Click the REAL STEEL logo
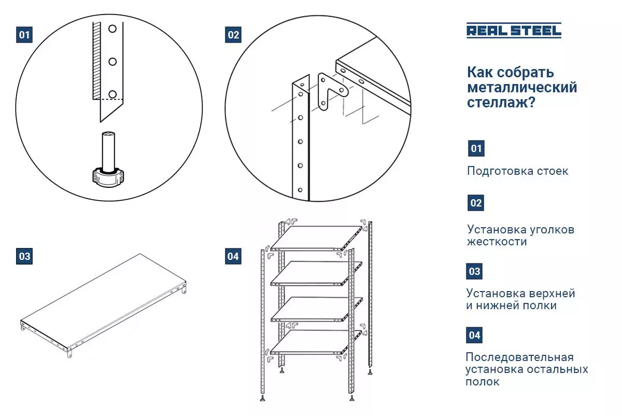point(514,30)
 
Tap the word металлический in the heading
point(522,87)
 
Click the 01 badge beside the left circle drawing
point(24,35)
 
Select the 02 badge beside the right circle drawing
point(233,35)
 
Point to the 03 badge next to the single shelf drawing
point(24,256)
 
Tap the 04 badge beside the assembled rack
point(233,256)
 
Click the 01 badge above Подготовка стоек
point(476,148)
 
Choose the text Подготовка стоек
point(518,171)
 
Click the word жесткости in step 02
point(497,242)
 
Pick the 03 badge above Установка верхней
point(474,271)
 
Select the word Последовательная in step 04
point(519,357)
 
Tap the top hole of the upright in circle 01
point(112,29)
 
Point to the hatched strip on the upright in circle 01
point(96,61)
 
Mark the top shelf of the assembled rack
point(317,238)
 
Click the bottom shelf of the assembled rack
point(316,342)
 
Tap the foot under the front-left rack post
point(262,398)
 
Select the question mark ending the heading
point(531,102)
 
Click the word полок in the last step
point(483,382)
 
